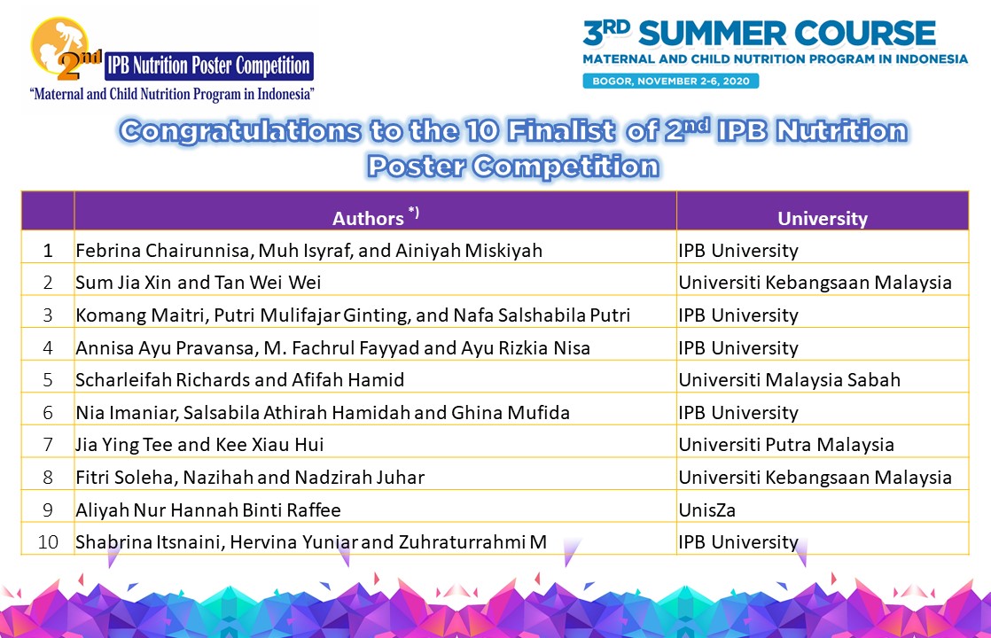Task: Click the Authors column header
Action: coord(376,211)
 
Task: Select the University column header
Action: coord(823,211)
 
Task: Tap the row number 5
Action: coord(47,379)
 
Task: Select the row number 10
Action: coord(48,542)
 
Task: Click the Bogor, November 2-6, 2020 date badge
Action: coord(671,81)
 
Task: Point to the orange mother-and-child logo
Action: coord(59,45)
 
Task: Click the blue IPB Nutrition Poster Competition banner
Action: coord(209,66)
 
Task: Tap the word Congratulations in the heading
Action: coord(241,131)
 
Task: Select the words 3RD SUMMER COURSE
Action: coord(759,33)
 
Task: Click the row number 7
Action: coord(47,445)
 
